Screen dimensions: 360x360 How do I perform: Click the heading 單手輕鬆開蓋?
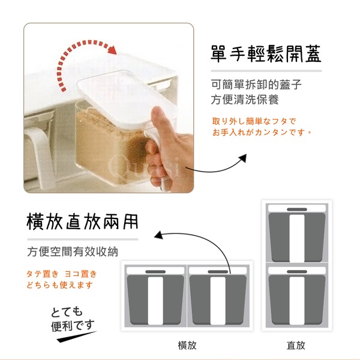click(266, 54)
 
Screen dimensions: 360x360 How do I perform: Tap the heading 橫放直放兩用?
click(82, 222)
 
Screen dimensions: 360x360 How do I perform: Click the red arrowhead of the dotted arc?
click(112, 50)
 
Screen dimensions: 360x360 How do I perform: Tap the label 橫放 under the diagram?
click(187, 345)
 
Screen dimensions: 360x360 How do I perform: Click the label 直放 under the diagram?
click(296, 345)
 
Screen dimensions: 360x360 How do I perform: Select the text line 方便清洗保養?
click(245, 100)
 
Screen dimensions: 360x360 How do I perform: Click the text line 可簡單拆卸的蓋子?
click(256, 85)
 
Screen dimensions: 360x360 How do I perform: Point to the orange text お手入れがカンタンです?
click(262, 133)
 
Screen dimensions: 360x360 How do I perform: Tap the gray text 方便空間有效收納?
click(73, 251)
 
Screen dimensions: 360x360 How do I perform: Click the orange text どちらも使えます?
click(59, 285)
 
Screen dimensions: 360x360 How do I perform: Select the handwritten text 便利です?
click(73, 326)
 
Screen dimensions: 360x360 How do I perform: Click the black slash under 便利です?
click(76, 337)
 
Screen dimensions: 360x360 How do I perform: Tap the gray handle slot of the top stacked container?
click(297, 209)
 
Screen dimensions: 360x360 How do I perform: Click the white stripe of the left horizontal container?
click(155, 301)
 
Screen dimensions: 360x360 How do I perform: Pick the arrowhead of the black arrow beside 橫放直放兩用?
click(158, 235)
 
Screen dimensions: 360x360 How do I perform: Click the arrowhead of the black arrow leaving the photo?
click(243, 158)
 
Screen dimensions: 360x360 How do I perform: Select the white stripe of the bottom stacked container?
click(297, 301)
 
